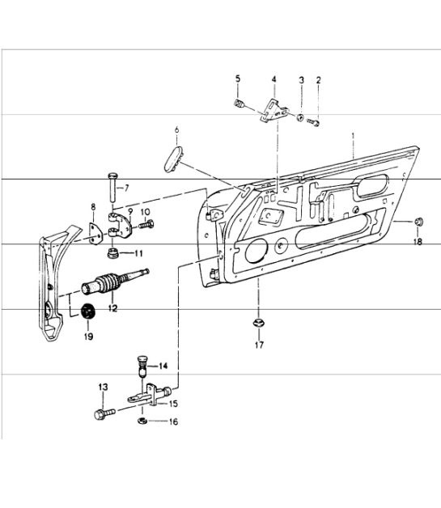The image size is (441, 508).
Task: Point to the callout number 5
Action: tap(238, 78)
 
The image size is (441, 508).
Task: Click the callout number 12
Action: tap(111, 307)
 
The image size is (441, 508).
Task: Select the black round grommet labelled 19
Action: tap(88, 311)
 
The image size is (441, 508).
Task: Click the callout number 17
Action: tap(260, 346)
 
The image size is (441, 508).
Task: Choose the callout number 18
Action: tap(419, 241)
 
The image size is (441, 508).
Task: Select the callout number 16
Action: tap(173, 421)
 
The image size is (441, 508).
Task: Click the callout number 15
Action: tap(173, 402)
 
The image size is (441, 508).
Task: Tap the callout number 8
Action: tap(93, 207)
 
